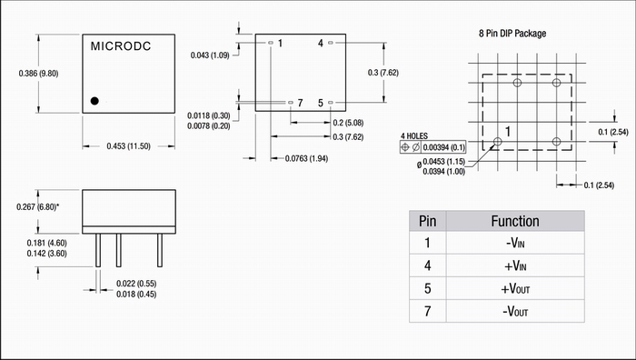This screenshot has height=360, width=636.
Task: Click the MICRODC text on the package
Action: pyautogui.click(x=121, y=46)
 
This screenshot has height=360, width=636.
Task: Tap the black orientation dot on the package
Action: pyautogui.click(x=94, y=101)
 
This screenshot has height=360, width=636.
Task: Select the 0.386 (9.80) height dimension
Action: pyautogui.click(x=38, y=74)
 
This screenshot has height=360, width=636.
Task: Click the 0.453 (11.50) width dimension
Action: pyautogui.click(x=129, y=146)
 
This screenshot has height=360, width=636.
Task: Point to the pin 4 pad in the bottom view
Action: pyautogui.click(x=330, y=43)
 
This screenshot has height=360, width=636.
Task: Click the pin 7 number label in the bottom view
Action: pyautogui.click(x=300, y=103)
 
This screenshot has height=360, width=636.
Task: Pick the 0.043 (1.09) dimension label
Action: pyautogui.click(x=210, y=55)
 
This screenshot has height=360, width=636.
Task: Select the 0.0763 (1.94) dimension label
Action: pyautogui.click(x=306, y=158)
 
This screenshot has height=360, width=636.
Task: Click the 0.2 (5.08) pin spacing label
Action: pyautogui.click(x=348, y=123)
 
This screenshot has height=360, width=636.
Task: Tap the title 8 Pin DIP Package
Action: pyautogui.click(x=512, y=34)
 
